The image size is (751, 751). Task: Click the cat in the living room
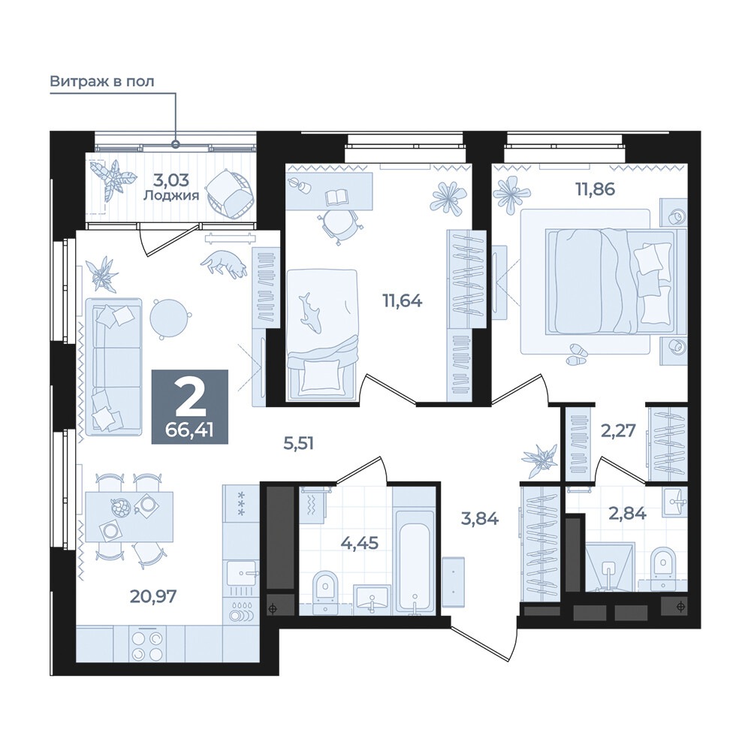tap(224, 264)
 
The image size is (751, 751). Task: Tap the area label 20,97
tap(153, 596)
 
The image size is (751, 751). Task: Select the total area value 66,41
tap(190, 430)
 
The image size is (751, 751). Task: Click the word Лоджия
tap(171, 195)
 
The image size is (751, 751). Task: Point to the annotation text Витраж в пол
tap(102, 81)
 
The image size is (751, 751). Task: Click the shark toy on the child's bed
tap(311, 312)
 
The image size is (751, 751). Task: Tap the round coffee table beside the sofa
tap(168, 317)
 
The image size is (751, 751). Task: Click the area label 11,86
tap(596, 189)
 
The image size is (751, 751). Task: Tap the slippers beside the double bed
tap(576, 354)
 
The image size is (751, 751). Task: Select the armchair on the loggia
tap(229, 194)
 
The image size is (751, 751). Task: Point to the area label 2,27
tap(618, 430)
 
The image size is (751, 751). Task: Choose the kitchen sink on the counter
tap(241, 573)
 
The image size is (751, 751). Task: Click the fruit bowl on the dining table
tap(121, 508)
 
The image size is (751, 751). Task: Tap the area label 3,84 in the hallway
tap(480, 517)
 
